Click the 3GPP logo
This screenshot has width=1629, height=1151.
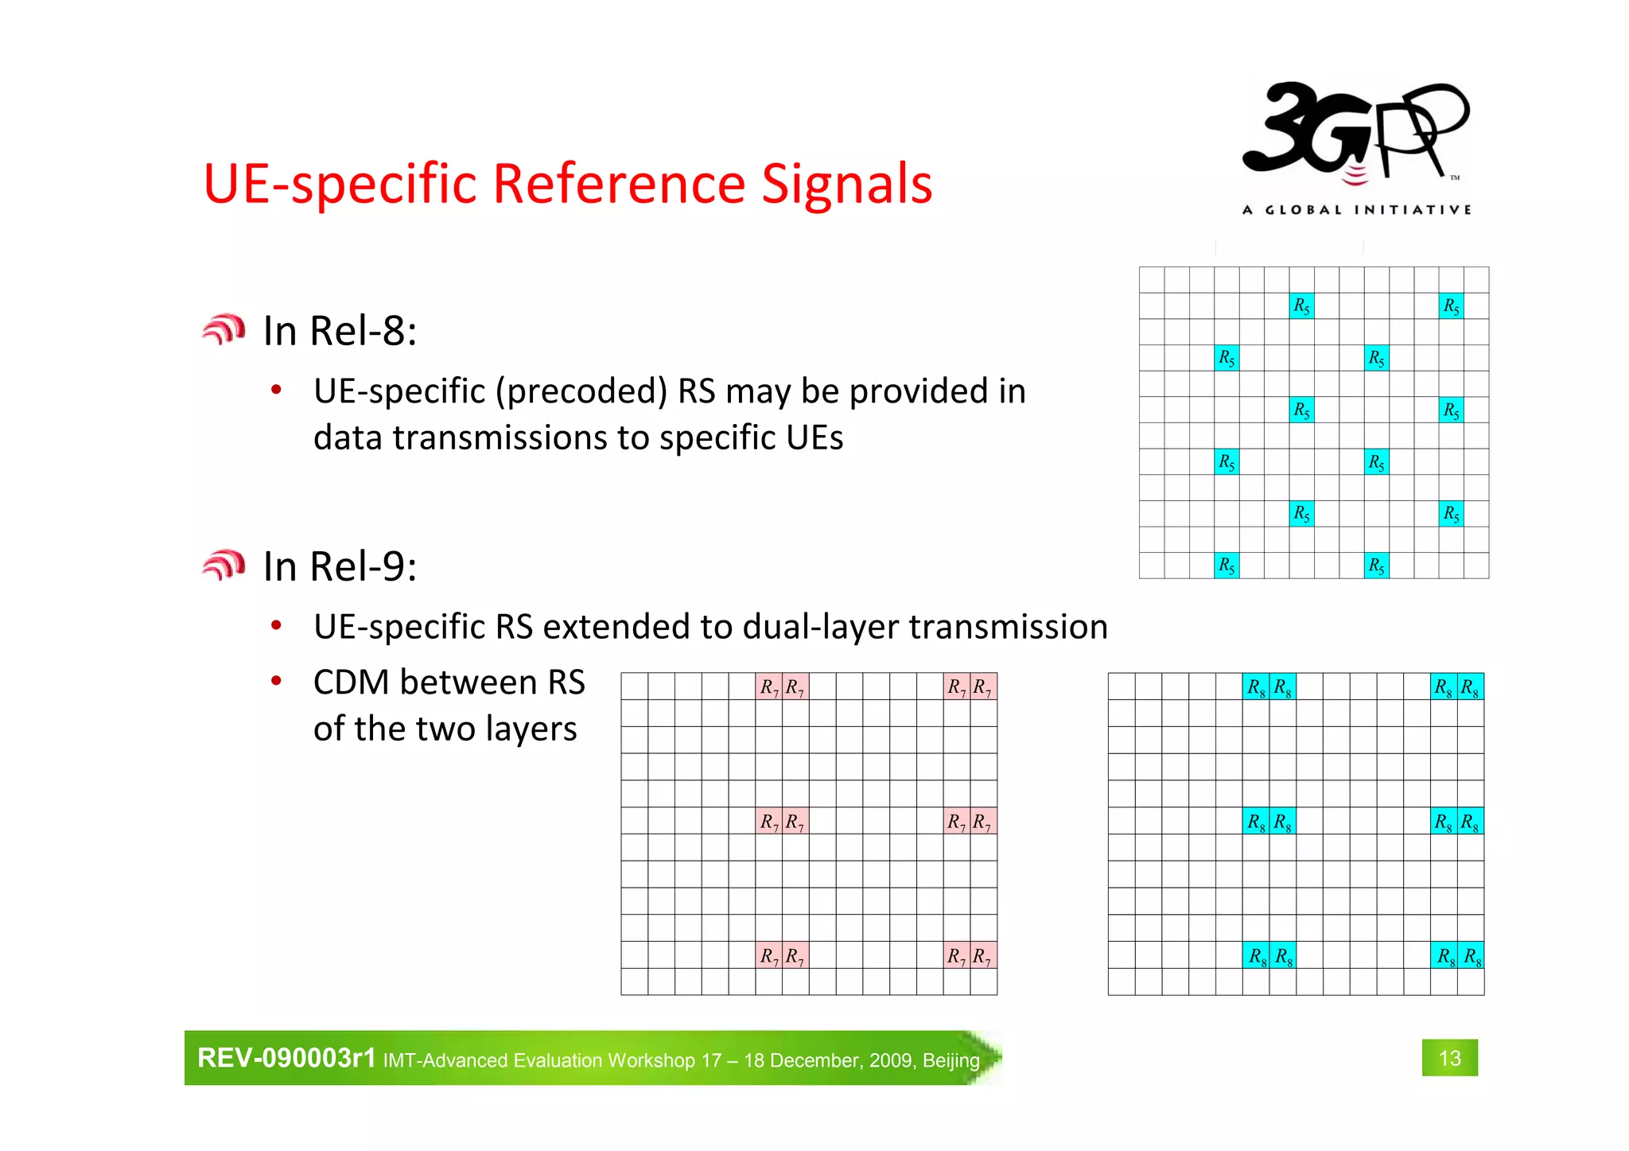[1355, 135]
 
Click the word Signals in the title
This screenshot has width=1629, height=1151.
[846, 184]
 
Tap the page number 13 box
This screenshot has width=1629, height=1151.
[1449, 1058]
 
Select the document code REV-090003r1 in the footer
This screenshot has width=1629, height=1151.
[286, 1058]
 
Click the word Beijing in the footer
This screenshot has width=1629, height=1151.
[951, 1060]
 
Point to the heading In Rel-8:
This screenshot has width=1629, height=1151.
[340, 331]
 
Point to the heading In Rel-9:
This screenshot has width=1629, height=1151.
[340, 566]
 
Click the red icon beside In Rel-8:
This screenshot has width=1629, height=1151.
[224, 329]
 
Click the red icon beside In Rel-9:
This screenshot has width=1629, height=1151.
[224, 566]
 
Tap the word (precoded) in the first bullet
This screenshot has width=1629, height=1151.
[581, 391]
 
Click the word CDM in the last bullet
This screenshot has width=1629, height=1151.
[351, 682]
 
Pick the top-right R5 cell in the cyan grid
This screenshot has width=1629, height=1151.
[1451, 305]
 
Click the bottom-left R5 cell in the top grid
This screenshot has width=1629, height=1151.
[1227, 566]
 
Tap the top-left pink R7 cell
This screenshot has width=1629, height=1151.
[768, 686]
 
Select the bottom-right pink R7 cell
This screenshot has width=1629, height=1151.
[983, 955]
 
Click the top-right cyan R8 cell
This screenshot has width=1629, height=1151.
[1470, 686]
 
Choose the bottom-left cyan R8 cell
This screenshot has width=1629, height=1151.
[1256, 955]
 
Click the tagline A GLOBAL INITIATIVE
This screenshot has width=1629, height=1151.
[1356, 210]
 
